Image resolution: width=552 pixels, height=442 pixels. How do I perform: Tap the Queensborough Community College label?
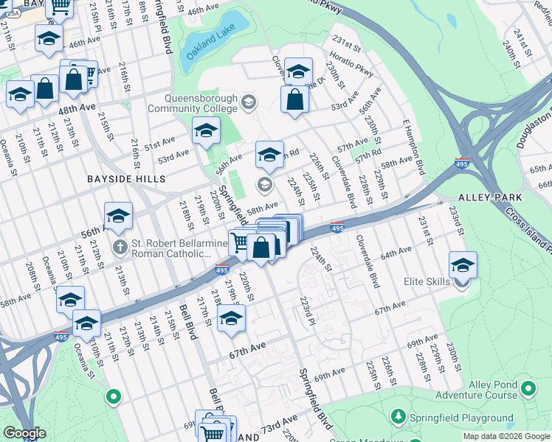click(x=193, y=103)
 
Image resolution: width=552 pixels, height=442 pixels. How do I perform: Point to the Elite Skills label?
click(x=428, y=281)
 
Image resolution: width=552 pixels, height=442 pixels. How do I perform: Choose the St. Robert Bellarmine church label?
click(x=182, y=248)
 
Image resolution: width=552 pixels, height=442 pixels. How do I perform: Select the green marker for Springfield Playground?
click(x=399, y=417)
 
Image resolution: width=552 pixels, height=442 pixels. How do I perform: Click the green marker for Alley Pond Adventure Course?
click(x=528, y=387)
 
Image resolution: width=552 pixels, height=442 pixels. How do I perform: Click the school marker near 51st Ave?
click(x=206, y=132)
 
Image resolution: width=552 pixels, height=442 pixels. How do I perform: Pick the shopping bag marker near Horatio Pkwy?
click(x=294, y=102)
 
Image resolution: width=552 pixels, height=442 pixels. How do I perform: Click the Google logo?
click(x=24, y=433)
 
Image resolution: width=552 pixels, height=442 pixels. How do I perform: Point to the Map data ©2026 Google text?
click(x=506, y=437)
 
